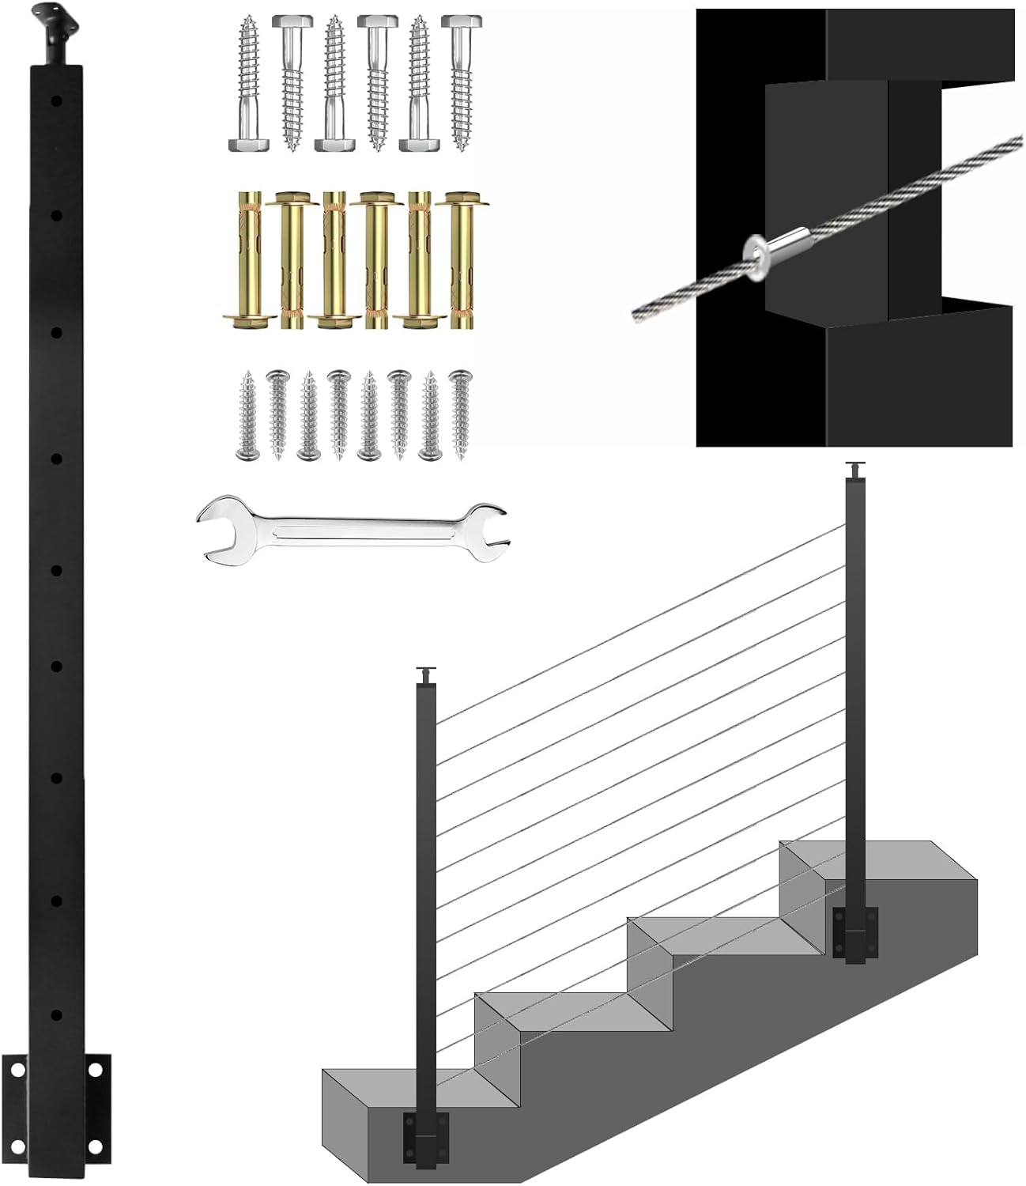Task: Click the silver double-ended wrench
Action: pos(352,529)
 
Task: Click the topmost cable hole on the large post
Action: pos(57,100)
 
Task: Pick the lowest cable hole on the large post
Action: pos(57,1013)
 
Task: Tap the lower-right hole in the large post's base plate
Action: pos(94,1146)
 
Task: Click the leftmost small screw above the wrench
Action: pos(247,415)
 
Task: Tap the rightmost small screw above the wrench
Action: pos(459,415)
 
